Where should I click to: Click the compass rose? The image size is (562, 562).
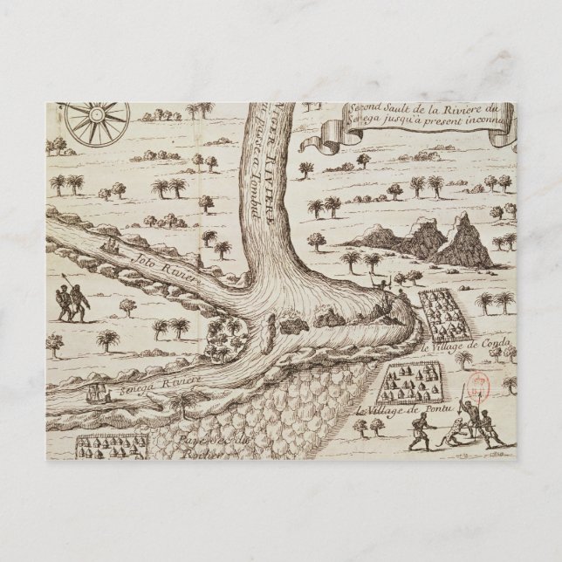pos(98,120)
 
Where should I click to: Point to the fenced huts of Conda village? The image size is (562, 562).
pos(446,313)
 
